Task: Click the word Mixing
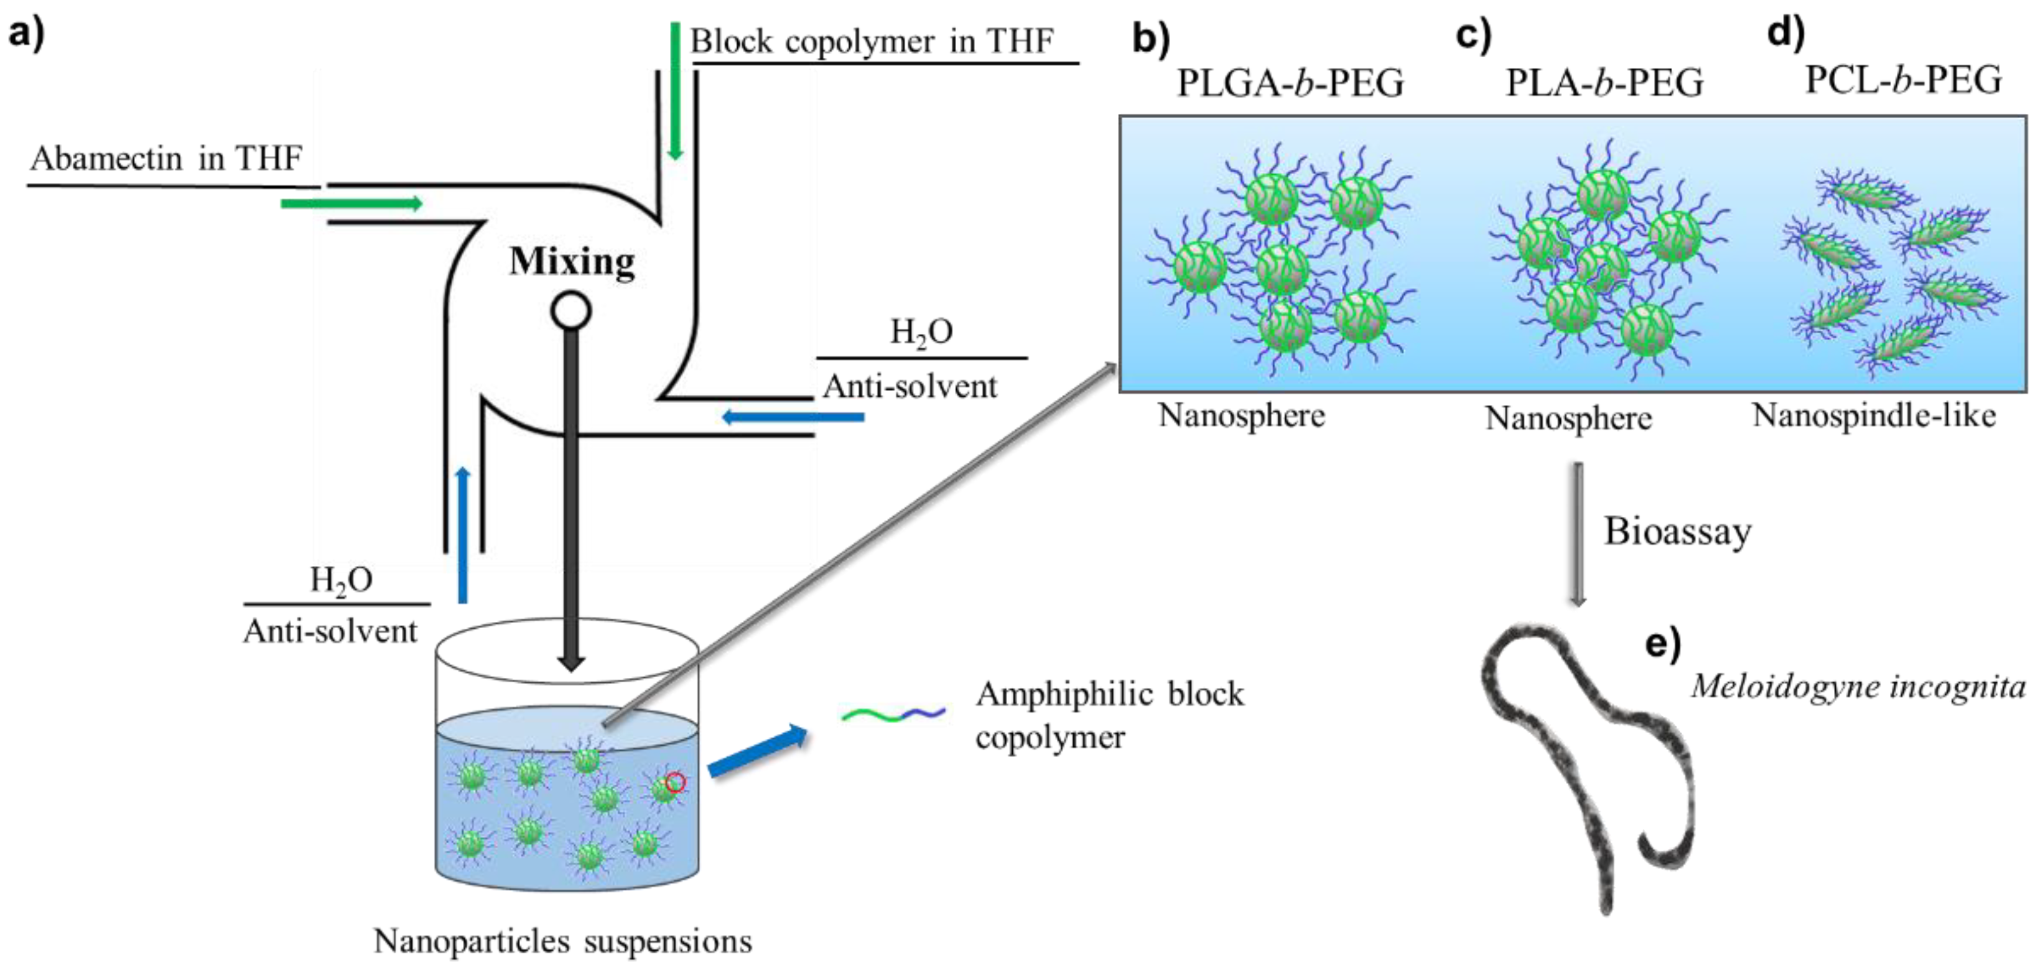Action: click(x=571, y=262)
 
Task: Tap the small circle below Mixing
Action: click(x=570, y=311)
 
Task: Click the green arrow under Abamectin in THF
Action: click(x=351, y=204)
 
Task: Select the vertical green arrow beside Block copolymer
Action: click(x=675, y=90)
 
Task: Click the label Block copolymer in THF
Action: click(x=872, y=41)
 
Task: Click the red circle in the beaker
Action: click(x=675, y=782)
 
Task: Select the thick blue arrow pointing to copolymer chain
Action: click(x=758, y=752)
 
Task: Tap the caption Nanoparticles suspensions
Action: click(x=562, y=941)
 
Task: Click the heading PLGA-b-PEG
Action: click(x=1290, y=83)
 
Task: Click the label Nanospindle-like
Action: click(x=1873, y=415)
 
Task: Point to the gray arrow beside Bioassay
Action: click(x=1578, y=534)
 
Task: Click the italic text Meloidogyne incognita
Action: click(x=1858, y=686)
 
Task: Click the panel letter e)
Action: click(x=1662, y=644)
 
